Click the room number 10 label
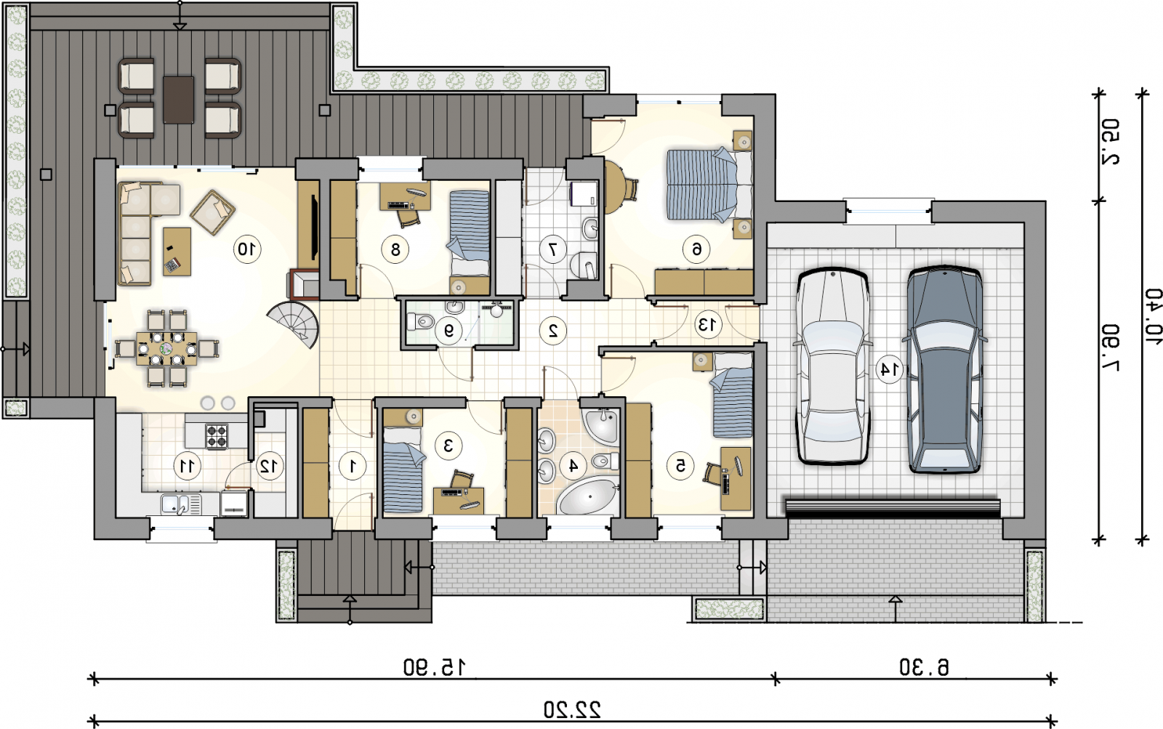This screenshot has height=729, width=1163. (246, 250)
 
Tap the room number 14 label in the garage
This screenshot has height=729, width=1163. (890, 370)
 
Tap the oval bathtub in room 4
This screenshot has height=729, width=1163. (588, 497)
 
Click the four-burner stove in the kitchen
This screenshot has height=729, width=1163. (217, 436)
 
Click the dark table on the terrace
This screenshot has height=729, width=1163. (179, 100)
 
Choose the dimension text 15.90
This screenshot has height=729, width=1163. (435, 667)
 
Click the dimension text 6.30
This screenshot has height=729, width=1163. (924, 667)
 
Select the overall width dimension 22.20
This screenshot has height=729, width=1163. (572, 710)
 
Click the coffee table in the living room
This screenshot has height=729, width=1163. (177, 251)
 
